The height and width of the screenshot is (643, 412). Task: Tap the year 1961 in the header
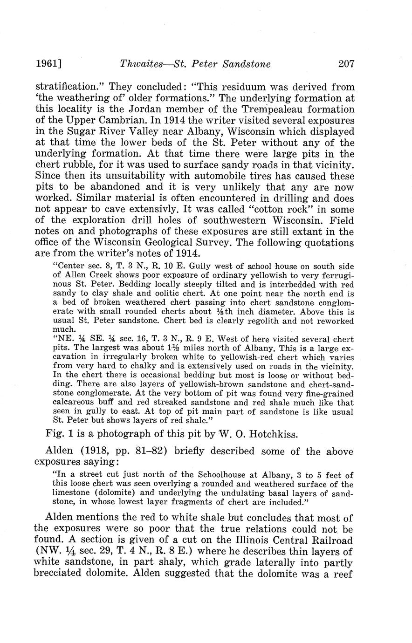47,64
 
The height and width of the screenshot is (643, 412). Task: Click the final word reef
343,574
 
